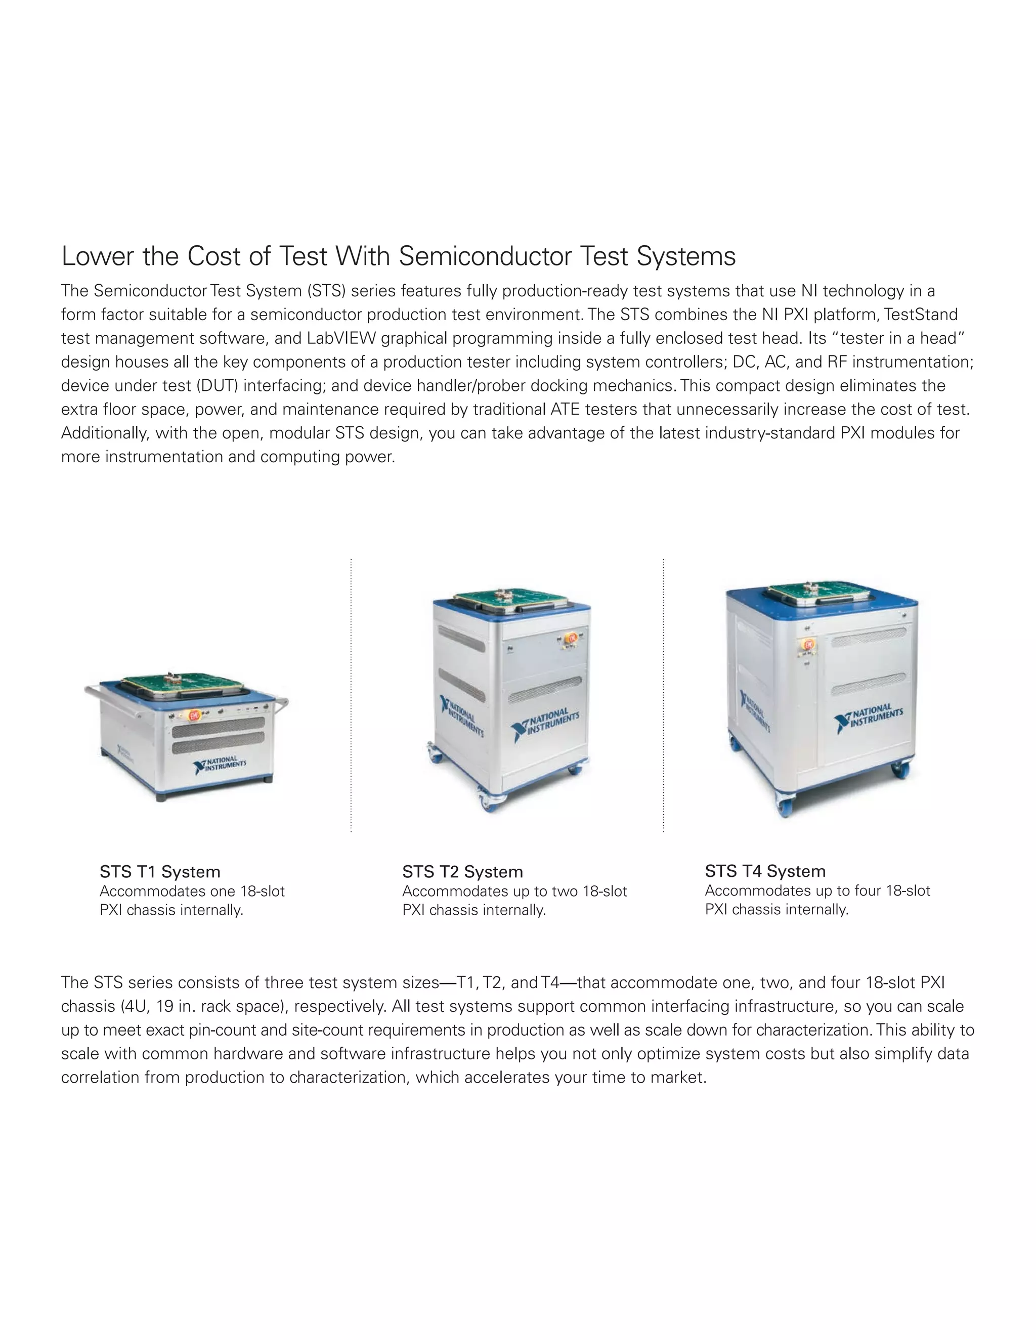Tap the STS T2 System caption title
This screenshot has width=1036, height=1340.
tap(462, 872)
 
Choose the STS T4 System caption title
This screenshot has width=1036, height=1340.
tap(765, 871)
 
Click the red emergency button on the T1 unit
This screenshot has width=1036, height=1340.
tap(194, 716)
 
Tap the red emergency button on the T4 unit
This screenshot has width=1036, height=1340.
tap(808, 645)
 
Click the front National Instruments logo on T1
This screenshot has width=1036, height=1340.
tap(219, 765)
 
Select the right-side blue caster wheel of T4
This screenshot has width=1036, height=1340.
tap(900, 768)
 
